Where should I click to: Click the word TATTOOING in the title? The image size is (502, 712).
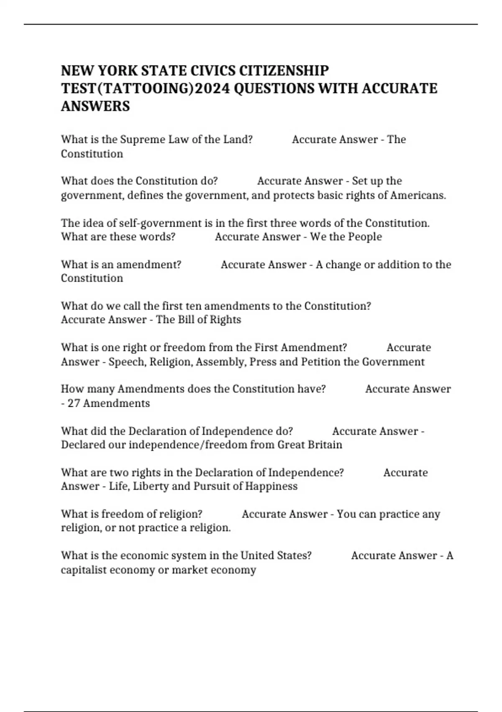147,89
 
